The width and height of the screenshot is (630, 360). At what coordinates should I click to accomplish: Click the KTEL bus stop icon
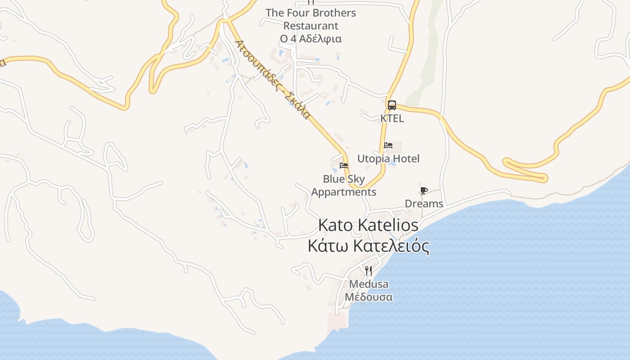tap(392, 105)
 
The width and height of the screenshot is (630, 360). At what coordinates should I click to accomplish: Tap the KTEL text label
tap(392, 118)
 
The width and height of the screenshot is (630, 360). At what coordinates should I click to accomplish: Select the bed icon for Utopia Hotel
tap(388, 145)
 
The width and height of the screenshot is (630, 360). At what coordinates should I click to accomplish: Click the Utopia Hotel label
tap(388, 158)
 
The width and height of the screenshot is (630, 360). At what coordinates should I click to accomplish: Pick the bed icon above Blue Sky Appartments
tap(344, 166)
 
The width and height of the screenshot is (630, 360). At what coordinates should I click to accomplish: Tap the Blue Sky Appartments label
tap(344, 185)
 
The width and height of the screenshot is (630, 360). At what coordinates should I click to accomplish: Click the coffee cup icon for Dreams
tap(423, 190)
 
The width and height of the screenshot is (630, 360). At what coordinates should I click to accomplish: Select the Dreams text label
tap(424, 204)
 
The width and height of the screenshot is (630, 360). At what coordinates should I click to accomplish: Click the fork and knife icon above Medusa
tap(369, 270)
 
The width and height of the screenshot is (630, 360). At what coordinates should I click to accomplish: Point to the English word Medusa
tap(369, 284)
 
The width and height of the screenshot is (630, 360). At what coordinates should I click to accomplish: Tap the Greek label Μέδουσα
tap(369, 297)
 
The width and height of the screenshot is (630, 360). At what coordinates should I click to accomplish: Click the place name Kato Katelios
tap(368, 225)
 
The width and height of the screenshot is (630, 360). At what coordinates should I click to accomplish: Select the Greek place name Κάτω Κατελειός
tap(368, 246)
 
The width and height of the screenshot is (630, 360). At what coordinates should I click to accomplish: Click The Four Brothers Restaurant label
tap(310, 19)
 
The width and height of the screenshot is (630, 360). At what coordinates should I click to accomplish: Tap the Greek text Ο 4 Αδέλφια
tap(310, 39)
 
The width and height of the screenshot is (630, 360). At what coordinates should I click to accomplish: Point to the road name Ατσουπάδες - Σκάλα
tap(273, 79)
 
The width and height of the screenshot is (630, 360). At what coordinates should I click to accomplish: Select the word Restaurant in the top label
tap(310, 26)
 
